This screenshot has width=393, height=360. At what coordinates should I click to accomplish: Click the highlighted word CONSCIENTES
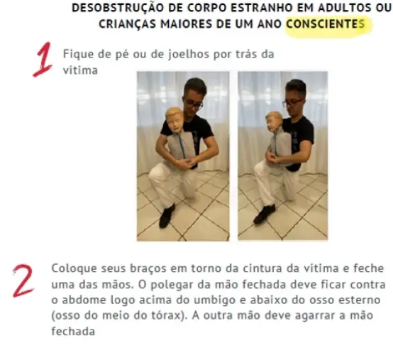point(326,24)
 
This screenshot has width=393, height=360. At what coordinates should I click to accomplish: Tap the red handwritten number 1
point(43,60)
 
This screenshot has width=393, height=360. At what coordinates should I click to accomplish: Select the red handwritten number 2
point(23,281)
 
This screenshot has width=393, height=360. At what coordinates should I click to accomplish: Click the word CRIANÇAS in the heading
point(127,24)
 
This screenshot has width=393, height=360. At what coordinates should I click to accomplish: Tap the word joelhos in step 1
point(188,55)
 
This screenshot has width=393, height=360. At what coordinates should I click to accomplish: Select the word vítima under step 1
point(80,70)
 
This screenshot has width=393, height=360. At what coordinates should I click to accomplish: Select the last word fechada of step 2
point(73,332)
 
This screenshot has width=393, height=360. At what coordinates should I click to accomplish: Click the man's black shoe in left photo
point(167,216)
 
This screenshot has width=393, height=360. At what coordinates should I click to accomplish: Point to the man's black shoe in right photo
point(264,214)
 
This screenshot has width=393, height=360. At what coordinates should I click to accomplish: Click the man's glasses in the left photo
point(194,104)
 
